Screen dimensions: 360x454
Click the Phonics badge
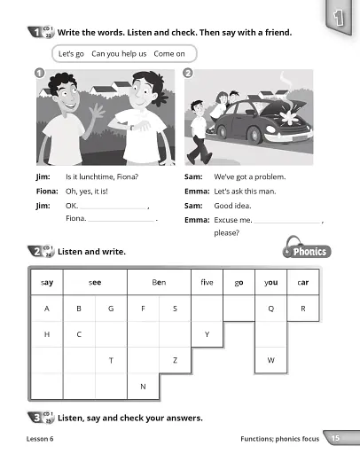pos(307,250)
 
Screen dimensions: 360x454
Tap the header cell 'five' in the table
pos(207,282)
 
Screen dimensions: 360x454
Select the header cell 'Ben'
pos(159,282)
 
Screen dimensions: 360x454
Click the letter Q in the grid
pos(270,309)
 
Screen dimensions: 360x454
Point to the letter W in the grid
pos(270,360)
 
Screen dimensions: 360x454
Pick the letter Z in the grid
pos(175,360)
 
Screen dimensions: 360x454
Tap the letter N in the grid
pos(143,386)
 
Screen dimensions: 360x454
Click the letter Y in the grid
pos(207,334)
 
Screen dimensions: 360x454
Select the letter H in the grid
pos(46,334)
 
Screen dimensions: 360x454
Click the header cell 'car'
pos(303,282)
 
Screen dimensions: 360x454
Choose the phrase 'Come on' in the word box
pos(169,54)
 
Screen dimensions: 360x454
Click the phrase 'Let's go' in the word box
pos(71,54)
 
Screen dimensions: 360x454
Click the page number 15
pos(333,438)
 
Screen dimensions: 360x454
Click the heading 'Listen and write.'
pos(92,252)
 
